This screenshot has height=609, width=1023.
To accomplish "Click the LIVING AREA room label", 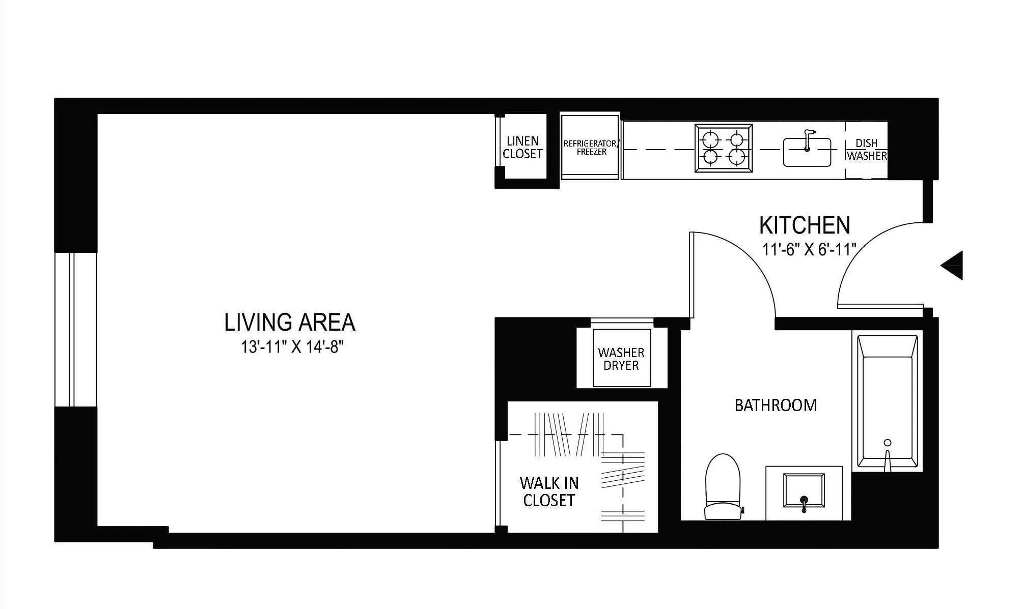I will pyautogui.click(x=290, y=323).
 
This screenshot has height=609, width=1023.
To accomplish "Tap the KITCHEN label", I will pyautogui.click(x=805, y=225).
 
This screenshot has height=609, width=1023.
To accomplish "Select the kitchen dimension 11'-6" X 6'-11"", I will pyautogui.click(x=809, y=250).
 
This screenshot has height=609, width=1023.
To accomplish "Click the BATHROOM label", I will pyautogui.click(x=776, y=405).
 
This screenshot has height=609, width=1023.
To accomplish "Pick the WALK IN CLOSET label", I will pyautogui.click(x=548, y=491).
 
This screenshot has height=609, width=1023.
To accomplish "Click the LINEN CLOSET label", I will pyautogui.click(x=522, y=148).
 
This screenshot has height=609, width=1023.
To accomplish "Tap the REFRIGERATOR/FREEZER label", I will pyautogui.click(x=591, y=148).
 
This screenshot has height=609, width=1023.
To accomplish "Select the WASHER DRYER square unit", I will pyautogui.click(x=621, y=358).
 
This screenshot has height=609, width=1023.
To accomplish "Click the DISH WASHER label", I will pyautogui.click(x=867, y=150).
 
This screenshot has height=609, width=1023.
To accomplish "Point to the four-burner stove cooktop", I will pyautogui.click(x=723, y=149).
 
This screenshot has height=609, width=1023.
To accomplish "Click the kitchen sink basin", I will pyautogui.click(x=807, y=152).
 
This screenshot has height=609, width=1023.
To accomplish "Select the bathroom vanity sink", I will pyautogui.click(x=804, y=490).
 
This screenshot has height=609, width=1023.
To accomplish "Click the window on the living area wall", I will pyautogui.click(x=75, y=329).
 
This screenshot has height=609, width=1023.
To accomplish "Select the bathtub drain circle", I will pyautogui.click(x=888, y=442).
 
